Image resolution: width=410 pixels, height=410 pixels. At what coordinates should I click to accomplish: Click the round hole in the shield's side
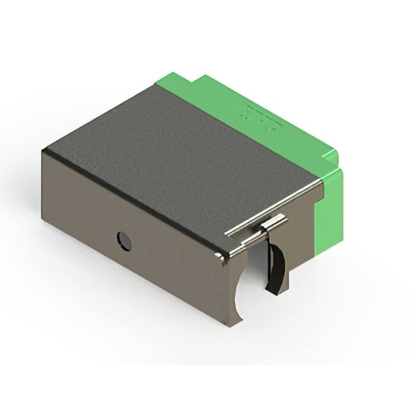124,241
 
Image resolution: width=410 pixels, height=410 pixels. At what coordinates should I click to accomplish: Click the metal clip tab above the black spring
273,224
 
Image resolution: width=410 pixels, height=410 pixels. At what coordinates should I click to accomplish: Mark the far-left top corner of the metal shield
43,151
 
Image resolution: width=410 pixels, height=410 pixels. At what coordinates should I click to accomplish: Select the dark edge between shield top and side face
128,199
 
